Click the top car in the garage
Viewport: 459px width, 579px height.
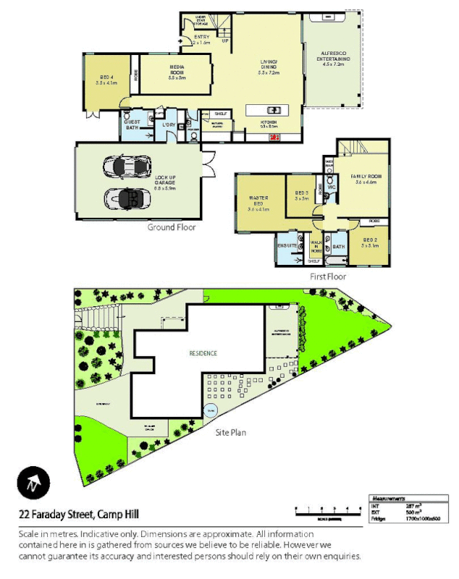click(126, 166)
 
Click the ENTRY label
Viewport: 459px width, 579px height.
click(201, 38)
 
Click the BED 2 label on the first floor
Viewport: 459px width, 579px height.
click(370, 240)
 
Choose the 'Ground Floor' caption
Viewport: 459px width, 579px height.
click(172, 227)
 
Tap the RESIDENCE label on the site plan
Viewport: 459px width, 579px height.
click(203, 353)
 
